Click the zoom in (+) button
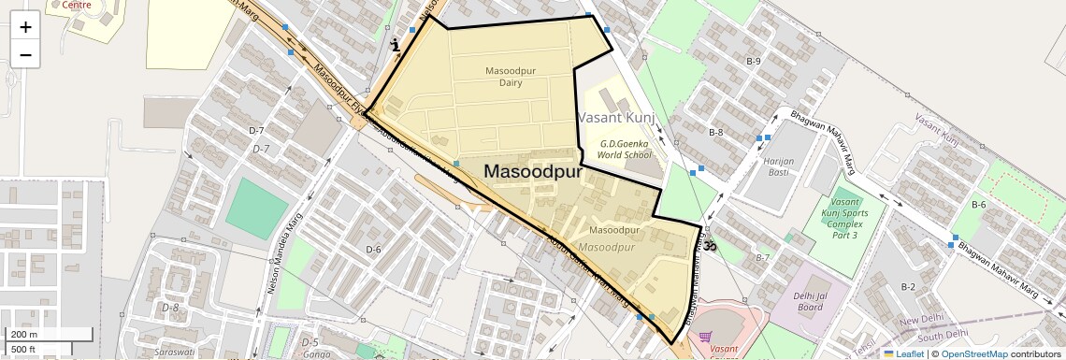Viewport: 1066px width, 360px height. [25, 27]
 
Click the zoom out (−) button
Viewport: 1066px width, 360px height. [25, 55]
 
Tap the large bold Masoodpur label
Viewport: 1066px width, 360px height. [533, 172]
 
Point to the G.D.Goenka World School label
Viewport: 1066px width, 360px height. [626, 149]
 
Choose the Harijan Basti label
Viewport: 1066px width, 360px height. [779, 166]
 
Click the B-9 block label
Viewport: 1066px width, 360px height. [754, 61]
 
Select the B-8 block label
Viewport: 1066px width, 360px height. [715, 133]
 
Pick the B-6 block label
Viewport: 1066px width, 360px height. [979, 204]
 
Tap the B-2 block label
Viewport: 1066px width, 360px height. [908, 286]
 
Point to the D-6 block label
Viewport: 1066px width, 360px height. [374, 249]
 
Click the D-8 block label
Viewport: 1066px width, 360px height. [169, 307]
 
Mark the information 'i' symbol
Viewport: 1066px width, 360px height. [396, 44]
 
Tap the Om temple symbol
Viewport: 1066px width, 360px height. [709, 246]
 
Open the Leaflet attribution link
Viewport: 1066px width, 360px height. [903, 353]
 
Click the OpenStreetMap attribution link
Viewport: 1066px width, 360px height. [973, 353]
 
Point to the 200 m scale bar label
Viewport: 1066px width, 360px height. [23, 335]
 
